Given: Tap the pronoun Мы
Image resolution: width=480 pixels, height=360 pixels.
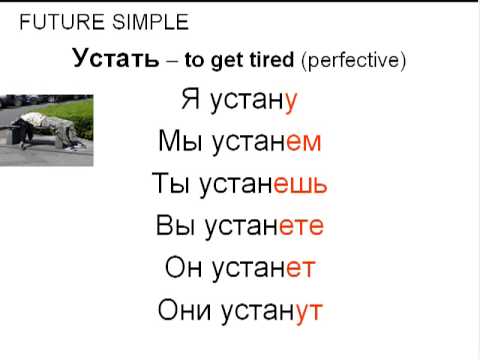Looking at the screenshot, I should click(x=176, y=142).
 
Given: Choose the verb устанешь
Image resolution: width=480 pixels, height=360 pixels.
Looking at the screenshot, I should click(x=266, y=185).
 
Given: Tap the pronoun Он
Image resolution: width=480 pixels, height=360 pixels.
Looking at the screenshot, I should click(x=181, y=269).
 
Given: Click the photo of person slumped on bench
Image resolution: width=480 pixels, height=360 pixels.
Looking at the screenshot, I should click(x=47, y=129).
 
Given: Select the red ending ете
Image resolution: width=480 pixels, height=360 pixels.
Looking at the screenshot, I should click(x=301, y=227).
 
